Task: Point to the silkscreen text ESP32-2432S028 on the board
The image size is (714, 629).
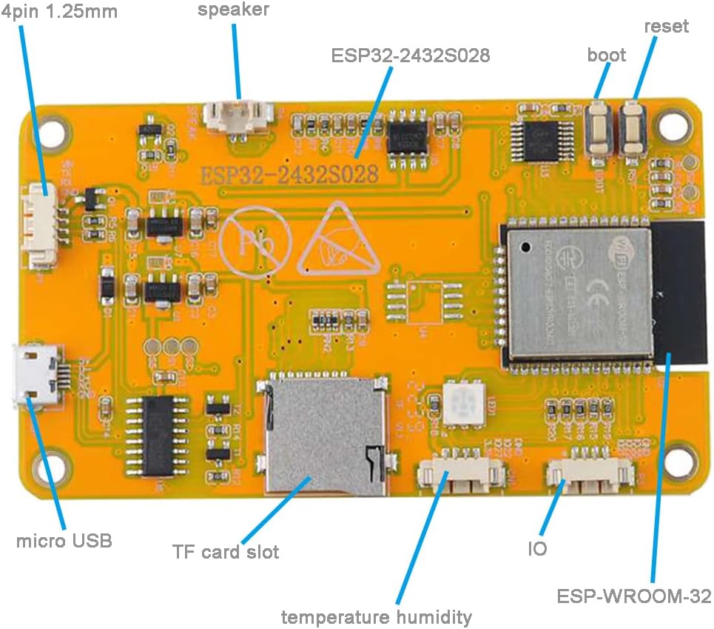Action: click(290, 174)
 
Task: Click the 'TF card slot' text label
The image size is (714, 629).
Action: click(226, 552)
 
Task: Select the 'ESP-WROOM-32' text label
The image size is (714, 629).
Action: click(634, 596)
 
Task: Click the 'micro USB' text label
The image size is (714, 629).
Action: click(64, 541)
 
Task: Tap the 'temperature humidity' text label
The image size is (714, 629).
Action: click(376, 616)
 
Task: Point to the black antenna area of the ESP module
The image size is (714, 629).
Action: click(678, 294)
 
